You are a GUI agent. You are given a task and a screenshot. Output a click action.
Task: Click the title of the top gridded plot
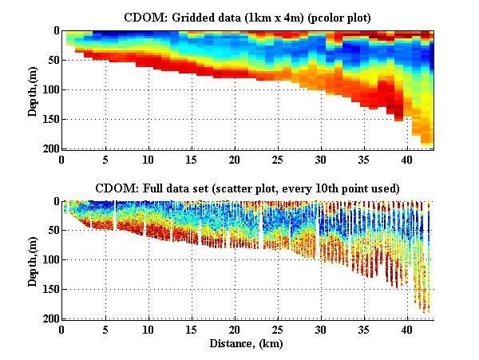tap(247, 17)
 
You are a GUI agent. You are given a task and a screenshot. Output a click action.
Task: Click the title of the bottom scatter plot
tap(247, 188)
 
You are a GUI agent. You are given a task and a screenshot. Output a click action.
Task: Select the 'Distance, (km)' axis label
tap(247, 343)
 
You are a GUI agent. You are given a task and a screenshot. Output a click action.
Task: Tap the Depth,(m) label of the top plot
tap(33, 89)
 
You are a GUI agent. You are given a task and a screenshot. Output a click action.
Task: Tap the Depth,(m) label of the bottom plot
tap(33, 260)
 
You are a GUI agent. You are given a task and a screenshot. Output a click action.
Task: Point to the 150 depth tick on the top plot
tap(49, 119)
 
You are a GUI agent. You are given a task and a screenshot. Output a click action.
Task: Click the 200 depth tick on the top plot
tap(49, 148)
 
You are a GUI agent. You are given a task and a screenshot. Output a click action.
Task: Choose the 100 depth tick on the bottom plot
tap(49, 260)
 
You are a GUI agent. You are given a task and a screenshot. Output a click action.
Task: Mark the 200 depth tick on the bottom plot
tap(49, 318)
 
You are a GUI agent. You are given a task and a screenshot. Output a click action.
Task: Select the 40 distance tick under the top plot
tap(407, 159)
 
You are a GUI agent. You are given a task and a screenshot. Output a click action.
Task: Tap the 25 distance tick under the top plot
tap(278, 159)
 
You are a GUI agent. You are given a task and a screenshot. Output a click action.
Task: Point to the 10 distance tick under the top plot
tap(148, 159)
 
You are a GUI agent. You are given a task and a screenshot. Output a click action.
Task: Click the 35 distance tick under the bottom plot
tap(364, 330)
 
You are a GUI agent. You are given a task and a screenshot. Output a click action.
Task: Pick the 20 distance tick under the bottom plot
tap(235, 330)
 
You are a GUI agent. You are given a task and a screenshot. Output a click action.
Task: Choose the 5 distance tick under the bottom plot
tap(105, 330)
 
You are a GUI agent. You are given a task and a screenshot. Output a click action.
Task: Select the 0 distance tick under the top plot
tap(62, 159)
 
